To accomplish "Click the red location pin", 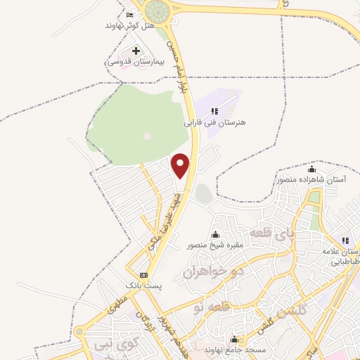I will (181, 166).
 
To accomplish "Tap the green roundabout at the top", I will (159, 10).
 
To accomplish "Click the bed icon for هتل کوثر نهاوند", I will (129, 15).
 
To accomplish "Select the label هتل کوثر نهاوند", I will (129, 25).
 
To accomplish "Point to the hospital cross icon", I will (136, 51).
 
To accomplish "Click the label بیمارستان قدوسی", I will (135, 62).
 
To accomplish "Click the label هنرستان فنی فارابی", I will (214, 122).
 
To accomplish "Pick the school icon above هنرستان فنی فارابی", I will (214, 111).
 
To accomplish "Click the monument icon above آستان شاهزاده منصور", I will (311, 169).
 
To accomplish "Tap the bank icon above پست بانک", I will (144, 275).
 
